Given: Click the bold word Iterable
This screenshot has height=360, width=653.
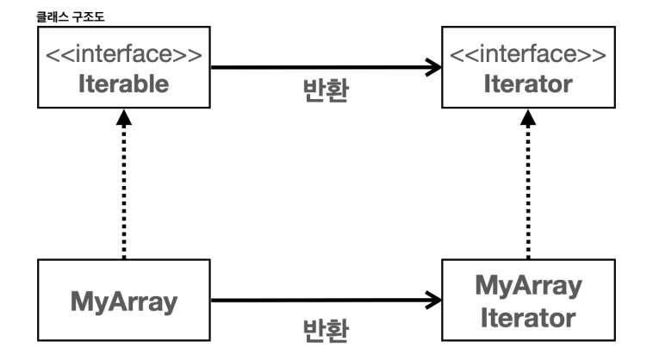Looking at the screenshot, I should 125,84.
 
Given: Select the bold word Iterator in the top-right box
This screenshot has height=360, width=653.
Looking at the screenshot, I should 528,84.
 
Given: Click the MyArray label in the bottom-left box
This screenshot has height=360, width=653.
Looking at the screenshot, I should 125,302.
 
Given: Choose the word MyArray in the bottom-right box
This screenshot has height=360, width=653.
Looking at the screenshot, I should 528,285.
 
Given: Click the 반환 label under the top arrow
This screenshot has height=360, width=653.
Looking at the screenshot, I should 325,91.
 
